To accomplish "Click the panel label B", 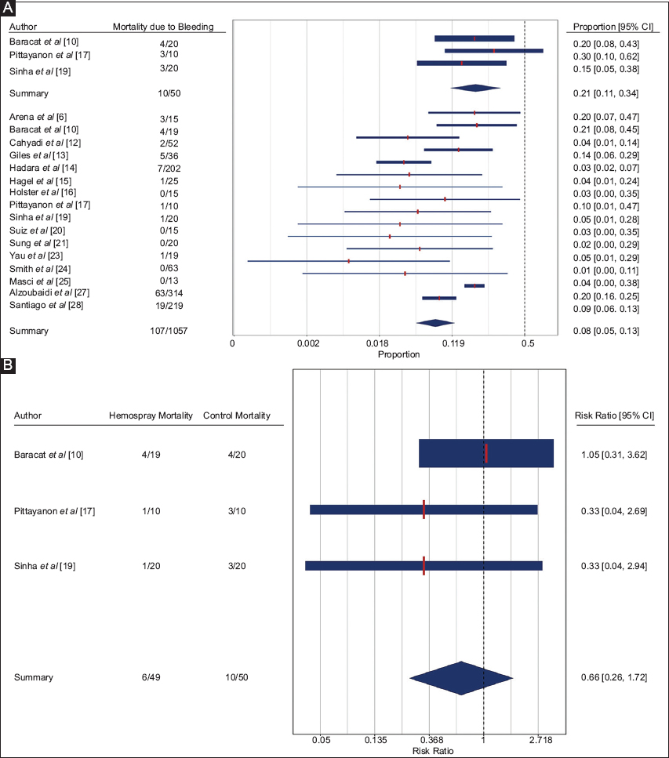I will click(x=7, y=365).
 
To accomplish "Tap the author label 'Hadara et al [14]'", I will click(x=38, y=168).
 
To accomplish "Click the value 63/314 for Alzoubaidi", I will click(x=163, y=292).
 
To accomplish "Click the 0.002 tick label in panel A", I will click(x=308, y=343).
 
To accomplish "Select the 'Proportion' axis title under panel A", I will click(x=399, y=354).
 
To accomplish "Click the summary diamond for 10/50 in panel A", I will click(x=474, y=88).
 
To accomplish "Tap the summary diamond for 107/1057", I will click(x=434, y=322).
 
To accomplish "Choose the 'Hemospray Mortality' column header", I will click(x=151, y=415).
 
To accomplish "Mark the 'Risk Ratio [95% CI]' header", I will click(x=613, y=415).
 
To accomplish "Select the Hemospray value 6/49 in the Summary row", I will click(x=151, y=676).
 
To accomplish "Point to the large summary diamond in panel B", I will click(x=461, y=677).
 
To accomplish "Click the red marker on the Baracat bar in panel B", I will click(x=486, y=454).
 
